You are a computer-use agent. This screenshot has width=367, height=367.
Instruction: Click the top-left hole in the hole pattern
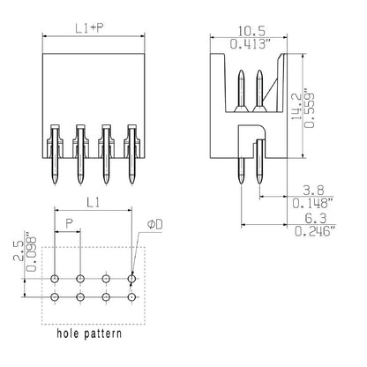click(55, 280)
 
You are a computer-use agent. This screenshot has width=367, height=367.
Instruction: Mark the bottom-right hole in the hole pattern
click(133, 298)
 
